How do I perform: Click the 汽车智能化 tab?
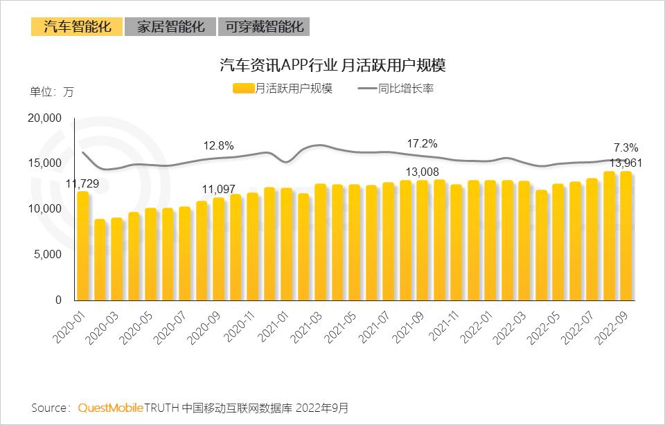[x=76, y=27]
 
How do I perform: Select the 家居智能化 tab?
[x=170, y=27]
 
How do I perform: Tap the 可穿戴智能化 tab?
[x=264, y=27]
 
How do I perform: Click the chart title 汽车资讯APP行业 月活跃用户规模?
[x=332, y=66]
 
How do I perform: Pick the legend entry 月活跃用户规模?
[x=283, y=89]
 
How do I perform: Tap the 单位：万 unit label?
[x=52, y=92]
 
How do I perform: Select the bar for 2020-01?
[x=83, y=246]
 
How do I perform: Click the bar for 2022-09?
[x=626, y=235]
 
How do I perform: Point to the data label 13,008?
[x=423, y=172]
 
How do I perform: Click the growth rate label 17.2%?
[x=422, y=144]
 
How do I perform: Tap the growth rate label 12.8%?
[x=218, y=145]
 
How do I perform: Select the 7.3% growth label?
[x=626, y=147]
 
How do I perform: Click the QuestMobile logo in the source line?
[x=111, y=408]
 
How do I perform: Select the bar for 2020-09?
[x=219, y=249]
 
